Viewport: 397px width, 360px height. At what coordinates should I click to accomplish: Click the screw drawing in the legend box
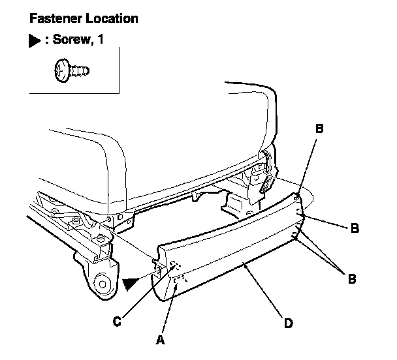point(70,68)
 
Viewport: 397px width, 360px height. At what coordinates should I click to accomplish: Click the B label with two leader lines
point(352,278)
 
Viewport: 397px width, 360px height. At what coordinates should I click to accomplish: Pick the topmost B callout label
point(319,129)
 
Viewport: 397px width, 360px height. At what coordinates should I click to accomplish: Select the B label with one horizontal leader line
point(355,228)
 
